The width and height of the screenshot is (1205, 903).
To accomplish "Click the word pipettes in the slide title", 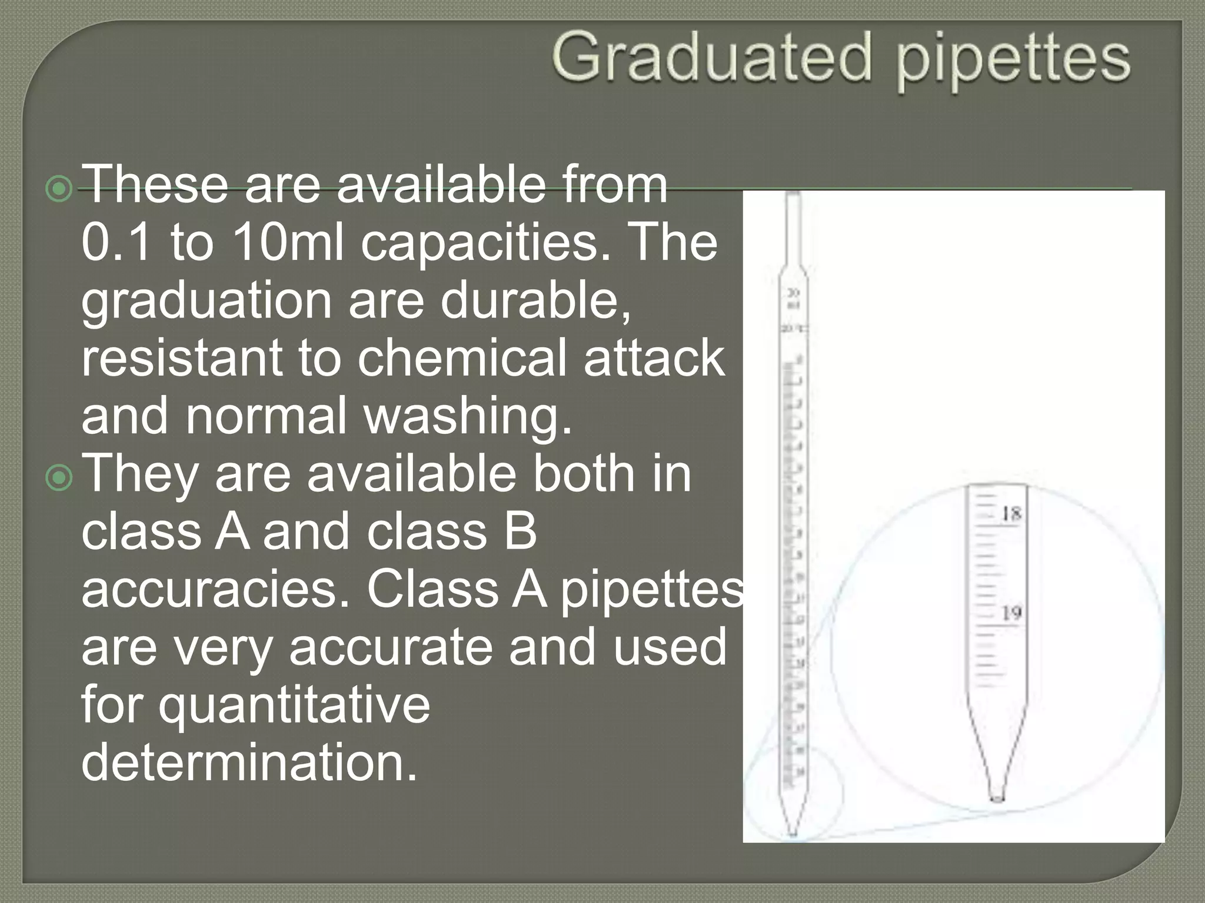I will tap(1013, 62).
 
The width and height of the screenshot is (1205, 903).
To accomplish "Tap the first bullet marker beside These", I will tap(59, 189).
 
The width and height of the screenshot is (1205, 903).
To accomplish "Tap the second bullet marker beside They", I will tap(59, 479).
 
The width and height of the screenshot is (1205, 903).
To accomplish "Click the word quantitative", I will tap(294, 704).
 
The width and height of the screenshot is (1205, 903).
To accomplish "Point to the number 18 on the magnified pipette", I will tap(1011, 514).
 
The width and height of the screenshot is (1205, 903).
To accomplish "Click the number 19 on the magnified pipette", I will tap(1011, 614).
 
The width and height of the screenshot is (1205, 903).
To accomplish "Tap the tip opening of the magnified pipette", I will tap(997, 798).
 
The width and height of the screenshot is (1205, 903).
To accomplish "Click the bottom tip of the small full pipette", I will tap(793, 832).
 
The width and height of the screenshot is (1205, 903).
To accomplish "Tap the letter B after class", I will tap(520, 531).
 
